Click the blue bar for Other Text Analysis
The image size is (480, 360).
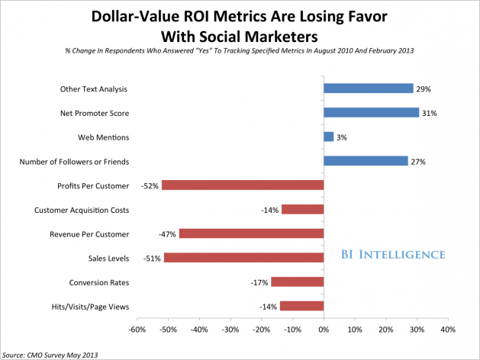[368, 88]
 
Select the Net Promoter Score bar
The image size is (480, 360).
[371, 113]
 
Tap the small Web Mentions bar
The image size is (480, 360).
[328, 137]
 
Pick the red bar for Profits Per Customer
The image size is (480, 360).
[243, 185]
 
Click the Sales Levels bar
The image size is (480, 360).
[243, 257]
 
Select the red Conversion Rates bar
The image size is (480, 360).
[297, 281]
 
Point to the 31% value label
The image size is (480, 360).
[431, 113]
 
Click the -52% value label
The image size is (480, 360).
[150, 185]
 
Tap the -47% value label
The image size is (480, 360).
[167, 233]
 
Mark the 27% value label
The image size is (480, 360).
[419, 161]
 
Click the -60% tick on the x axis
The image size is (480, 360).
[137, 330]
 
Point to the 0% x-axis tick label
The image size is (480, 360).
[323, 330]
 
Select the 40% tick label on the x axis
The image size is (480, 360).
[447, 330]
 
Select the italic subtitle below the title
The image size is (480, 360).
[240, 52]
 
